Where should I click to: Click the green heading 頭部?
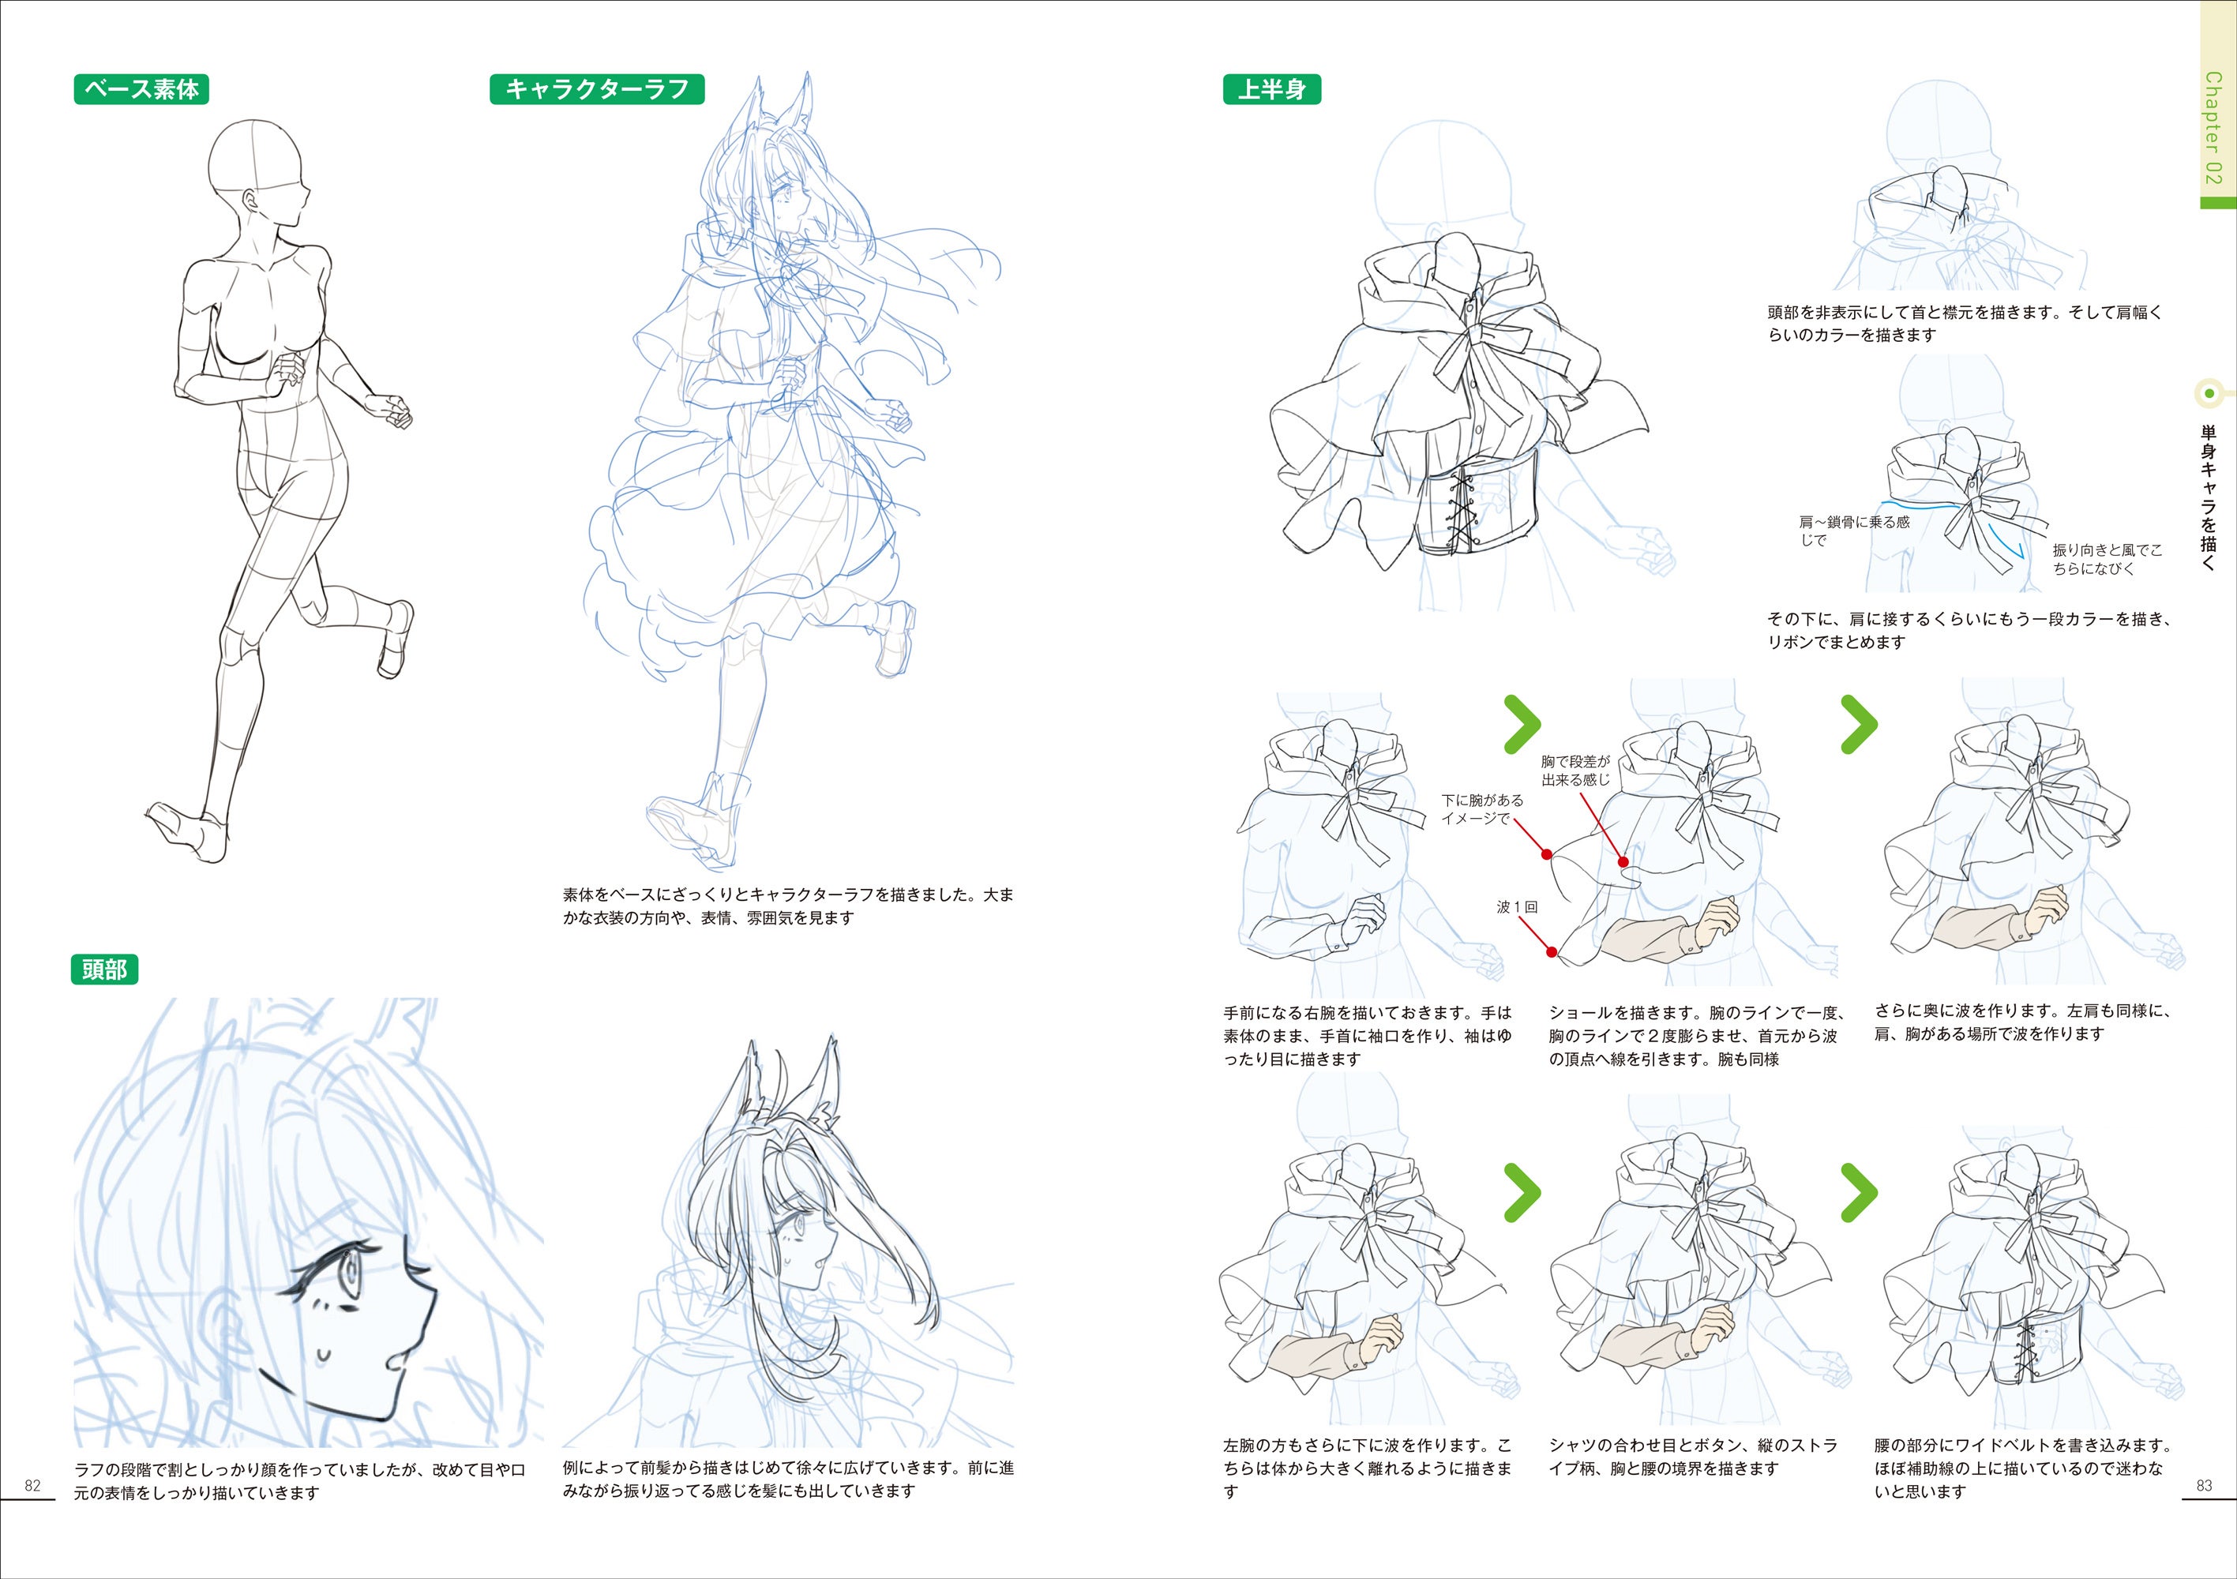pos(104,970)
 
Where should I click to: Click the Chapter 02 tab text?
pos(2213,128)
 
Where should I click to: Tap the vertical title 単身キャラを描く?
pos(2208,497)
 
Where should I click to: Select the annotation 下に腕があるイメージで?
pos(1482,809)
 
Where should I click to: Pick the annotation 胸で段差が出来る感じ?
pos(1575,771)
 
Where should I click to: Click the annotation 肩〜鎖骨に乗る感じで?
pos(1854,531)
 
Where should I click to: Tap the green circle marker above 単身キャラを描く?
pos(2209,393)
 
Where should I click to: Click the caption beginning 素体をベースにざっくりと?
pos(788,906)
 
